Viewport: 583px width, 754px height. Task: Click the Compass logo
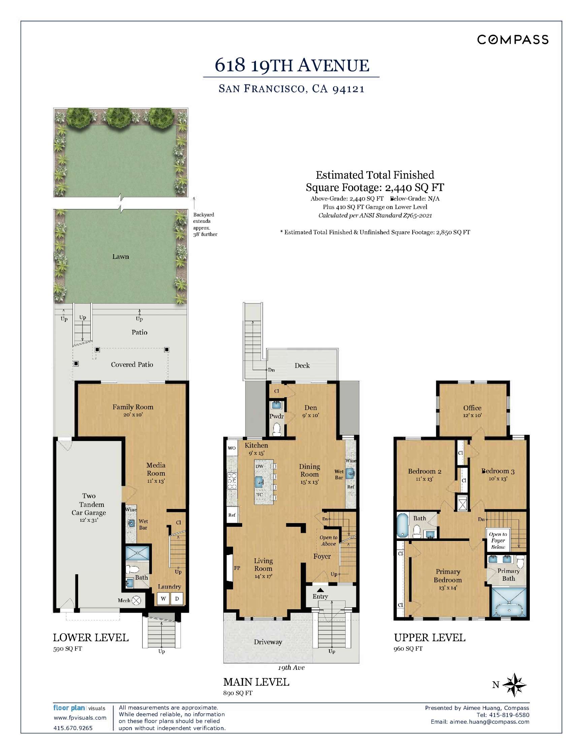[513, 40]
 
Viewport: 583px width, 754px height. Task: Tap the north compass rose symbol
[514, 685]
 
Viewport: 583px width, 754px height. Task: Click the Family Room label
[133, 407]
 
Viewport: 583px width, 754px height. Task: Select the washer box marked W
[163, 598]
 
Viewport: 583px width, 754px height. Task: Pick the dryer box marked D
[177, 598]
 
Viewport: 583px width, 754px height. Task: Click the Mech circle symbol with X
[137, 601]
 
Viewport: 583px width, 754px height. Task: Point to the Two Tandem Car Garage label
[89, 504]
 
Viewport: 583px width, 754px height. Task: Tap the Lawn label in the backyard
[120, 256]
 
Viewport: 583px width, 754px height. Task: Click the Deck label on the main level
[302, 366]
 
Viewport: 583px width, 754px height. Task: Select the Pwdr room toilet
[277, 430]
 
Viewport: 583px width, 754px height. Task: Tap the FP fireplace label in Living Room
[237, 568]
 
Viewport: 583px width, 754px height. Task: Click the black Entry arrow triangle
[320, 590]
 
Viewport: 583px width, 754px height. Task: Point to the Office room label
[472, 408]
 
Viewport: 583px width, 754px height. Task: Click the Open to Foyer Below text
[498, 541]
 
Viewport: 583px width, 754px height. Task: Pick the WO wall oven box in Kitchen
[231, 448]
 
